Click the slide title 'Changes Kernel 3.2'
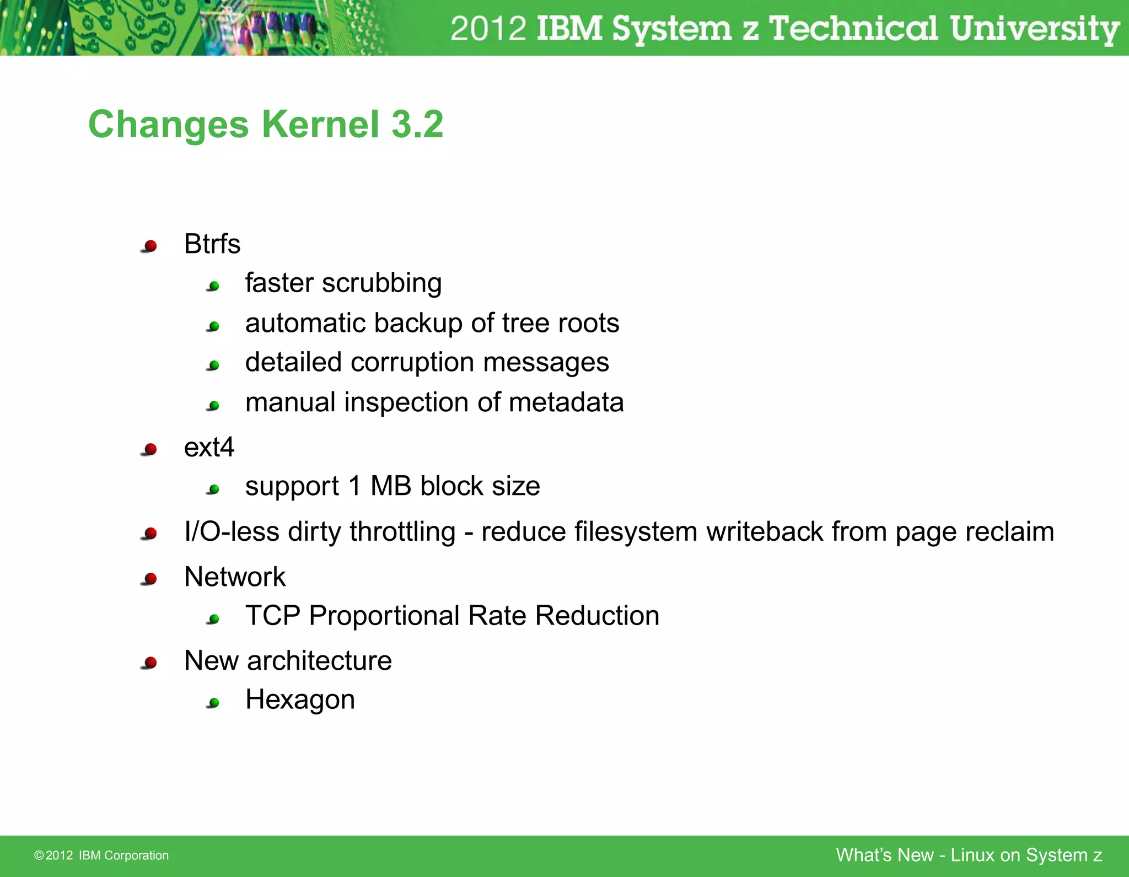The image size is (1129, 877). click(x=266, y=125)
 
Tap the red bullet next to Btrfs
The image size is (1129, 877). click(x=150, y=246)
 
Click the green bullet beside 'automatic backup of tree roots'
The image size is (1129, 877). click(x=214, y=326)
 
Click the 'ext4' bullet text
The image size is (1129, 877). click(x=209, y=447)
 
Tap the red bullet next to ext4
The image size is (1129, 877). click(x=150, y=450)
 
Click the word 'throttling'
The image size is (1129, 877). click(x=402, y=532)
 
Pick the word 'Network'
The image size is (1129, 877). click(x=235, y=577)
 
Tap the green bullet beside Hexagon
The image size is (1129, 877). click(x=214, y=703)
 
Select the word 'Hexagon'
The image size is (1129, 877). click(x=300, y=700)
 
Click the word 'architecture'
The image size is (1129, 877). click(x=319, y=661)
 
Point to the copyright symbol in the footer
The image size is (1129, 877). click(x=39, y=856)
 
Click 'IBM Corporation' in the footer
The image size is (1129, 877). click(x=123, y=856)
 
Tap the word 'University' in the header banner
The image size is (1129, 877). click(x=1034, y=29)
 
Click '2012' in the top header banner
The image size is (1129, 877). click(x=488, y=29)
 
